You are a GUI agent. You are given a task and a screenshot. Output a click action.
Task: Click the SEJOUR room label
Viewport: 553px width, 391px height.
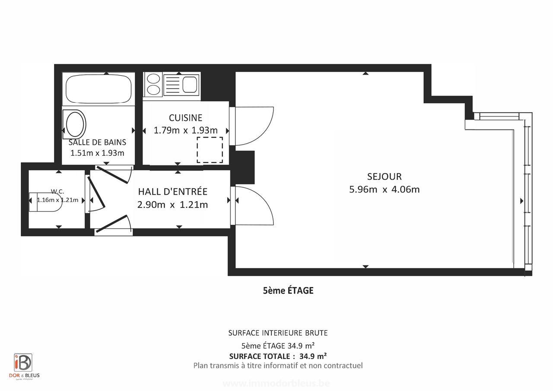point(384,177)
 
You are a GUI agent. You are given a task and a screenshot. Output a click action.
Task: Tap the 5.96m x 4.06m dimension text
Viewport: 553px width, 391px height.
point(384,189)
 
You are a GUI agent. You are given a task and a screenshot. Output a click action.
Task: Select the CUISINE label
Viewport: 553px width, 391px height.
point(185,118)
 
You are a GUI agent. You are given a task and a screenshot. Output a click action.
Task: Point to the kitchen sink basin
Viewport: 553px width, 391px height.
point(190,85)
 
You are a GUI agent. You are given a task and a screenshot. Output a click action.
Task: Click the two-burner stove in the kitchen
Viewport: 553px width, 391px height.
point(153,84)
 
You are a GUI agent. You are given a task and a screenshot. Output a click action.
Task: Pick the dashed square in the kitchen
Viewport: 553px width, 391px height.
point(210,150)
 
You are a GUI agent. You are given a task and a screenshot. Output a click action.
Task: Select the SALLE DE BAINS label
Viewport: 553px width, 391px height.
point(97,142)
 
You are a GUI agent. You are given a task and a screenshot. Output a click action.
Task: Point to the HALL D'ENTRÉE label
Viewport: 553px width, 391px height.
point(172,191)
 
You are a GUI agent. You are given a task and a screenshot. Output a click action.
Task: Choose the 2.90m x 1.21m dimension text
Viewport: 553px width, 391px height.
point(172,205)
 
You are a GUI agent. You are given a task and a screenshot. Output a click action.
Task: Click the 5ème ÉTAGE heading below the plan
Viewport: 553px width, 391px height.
point(288,290)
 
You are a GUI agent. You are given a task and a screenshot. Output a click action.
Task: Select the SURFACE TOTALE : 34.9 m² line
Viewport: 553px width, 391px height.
point(278,356)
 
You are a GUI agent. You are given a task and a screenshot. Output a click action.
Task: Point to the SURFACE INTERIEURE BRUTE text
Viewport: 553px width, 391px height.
point(278,333)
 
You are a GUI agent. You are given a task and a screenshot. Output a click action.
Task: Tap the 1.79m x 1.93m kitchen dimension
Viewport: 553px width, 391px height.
point(185,130)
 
